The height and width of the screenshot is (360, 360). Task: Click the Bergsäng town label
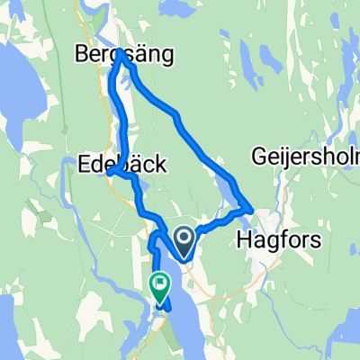(122, 56)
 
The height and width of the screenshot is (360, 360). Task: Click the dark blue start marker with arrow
(184, 240)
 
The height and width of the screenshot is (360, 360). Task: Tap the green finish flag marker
(160, 286)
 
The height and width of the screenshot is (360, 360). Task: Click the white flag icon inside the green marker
(160, 285)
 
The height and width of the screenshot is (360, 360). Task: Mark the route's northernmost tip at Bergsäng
(121, 53)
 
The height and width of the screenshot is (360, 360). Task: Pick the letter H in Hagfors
(242, 239)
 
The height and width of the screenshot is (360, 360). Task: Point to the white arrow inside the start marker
(184, 238)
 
